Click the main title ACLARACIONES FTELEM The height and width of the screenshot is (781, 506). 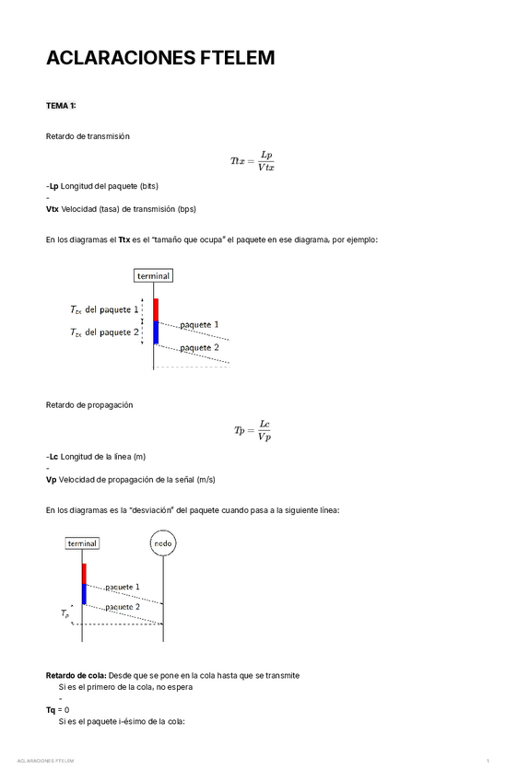tap(160, 59)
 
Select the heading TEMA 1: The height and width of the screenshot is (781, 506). tap(62, 106)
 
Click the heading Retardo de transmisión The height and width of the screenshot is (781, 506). tap(88, 136)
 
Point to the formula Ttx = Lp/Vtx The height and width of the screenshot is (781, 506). tap(253, 161)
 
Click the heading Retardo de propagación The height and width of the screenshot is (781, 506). tap(89, 405)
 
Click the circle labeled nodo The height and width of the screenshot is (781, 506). tap(162, 543)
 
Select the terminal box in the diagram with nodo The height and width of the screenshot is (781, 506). tap(82, 543)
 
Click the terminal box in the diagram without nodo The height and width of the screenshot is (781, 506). tap(153, 275)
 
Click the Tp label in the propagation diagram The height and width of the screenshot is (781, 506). tap(65, 613)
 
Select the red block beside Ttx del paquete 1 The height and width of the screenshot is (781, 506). tap(156, 309)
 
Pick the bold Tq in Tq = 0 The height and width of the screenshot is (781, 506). tap(51, 710)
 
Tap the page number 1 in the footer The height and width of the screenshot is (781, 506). tap(488, 762)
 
